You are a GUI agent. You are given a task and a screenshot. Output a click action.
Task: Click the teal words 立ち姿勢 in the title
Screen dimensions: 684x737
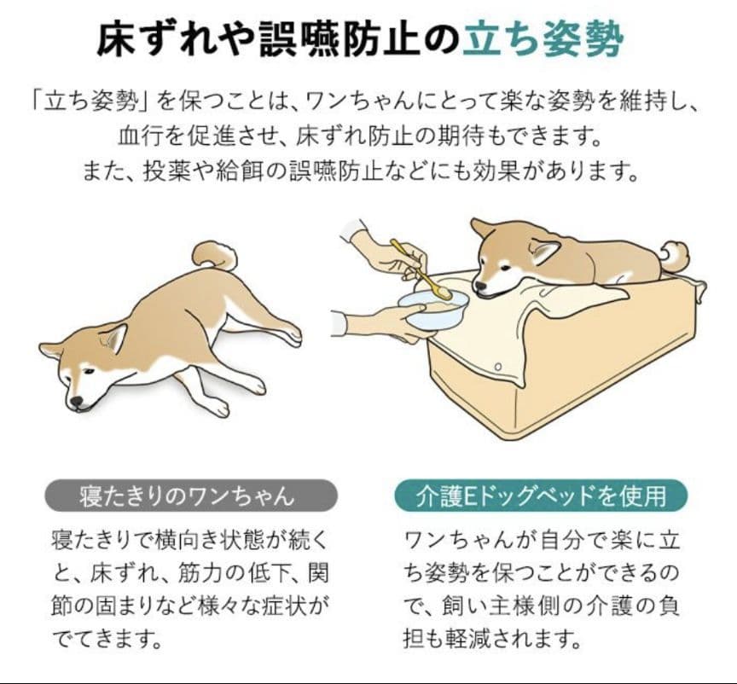[x=543, y=40]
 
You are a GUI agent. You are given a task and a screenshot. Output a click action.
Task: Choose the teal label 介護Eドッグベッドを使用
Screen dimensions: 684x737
[x=541, y=496]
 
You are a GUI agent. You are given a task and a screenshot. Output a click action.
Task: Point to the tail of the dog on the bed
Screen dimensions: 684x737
[x=675, y=255]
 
